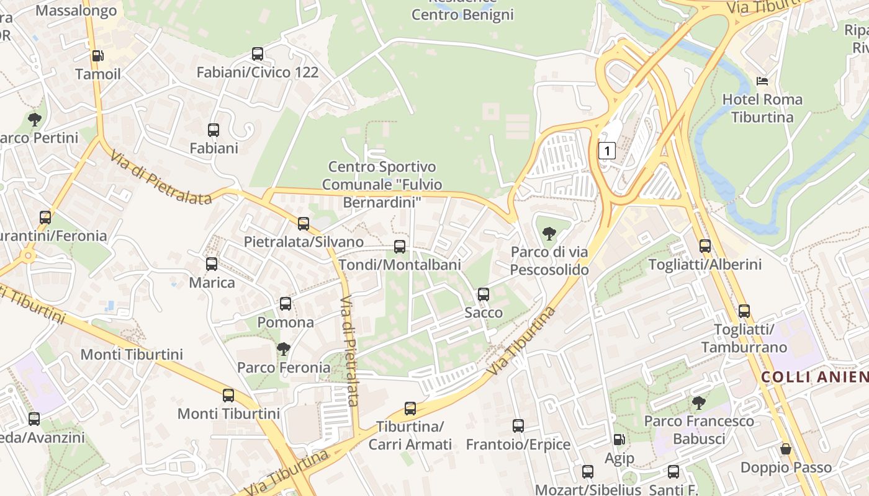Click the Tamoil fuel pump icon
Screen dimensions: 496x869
[x=97, y=56]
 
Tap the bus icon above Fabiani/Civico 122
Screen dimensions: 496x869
[x=258, y=54]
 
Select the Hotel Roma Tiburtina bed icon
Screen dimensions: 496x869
[x=762, y=81]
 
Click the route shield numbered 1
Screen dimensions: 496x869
[x=607, y=150]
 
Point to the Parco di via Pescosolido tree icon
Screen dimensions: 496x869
[x=549, y=234]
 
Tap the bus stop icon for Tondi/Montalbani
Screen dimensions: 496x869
[x=400, y=247]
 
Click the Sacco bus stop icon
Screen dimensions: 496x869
[x=484, y=294]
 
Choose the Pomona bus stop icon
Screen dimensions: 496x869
[x=286, y=304]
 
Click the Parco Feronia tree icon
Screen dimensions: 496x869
[x=284, y=349]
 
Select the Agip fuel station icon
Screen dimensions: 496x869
[x=619, y=440]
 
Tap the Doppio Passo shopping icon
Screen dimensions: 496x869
[x=786, y=449]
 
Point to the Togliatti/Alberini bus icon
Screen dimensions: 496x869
[x=705, y=246]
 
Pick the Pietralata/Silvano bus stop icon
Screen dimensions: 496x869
[x=304, y=224]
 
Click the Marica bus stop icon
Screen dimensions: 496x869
[x=212, y=264]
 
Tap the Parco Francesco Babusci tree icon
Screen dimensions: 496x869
[x=699, y=403]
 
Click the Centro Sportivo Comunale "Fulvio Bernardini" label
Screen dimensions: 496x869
[x=382, y=184]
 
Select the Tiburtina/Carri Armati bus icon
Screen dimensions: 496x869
[x=410, y=409]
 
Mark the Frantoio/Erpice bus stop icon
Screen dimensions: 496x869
[x=518, y=426]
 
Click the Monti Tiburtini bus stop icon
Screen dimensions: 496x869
[x=228, y=395]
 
